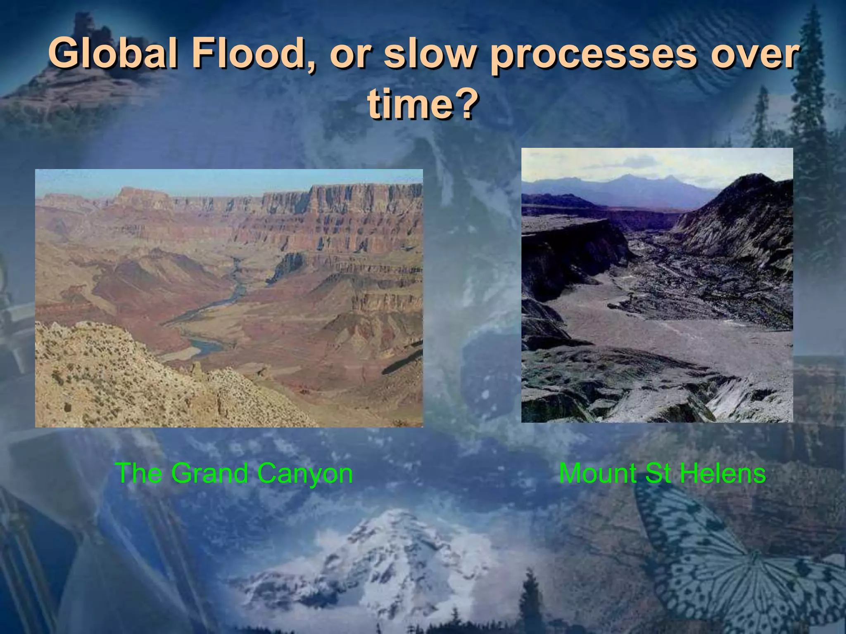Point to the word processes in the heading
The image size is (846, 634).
(x=594, y=56)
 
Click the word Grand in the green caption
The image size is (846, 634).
(x=209, y=473)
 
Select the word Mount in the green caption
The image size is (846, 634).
(x=597, y=473)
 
